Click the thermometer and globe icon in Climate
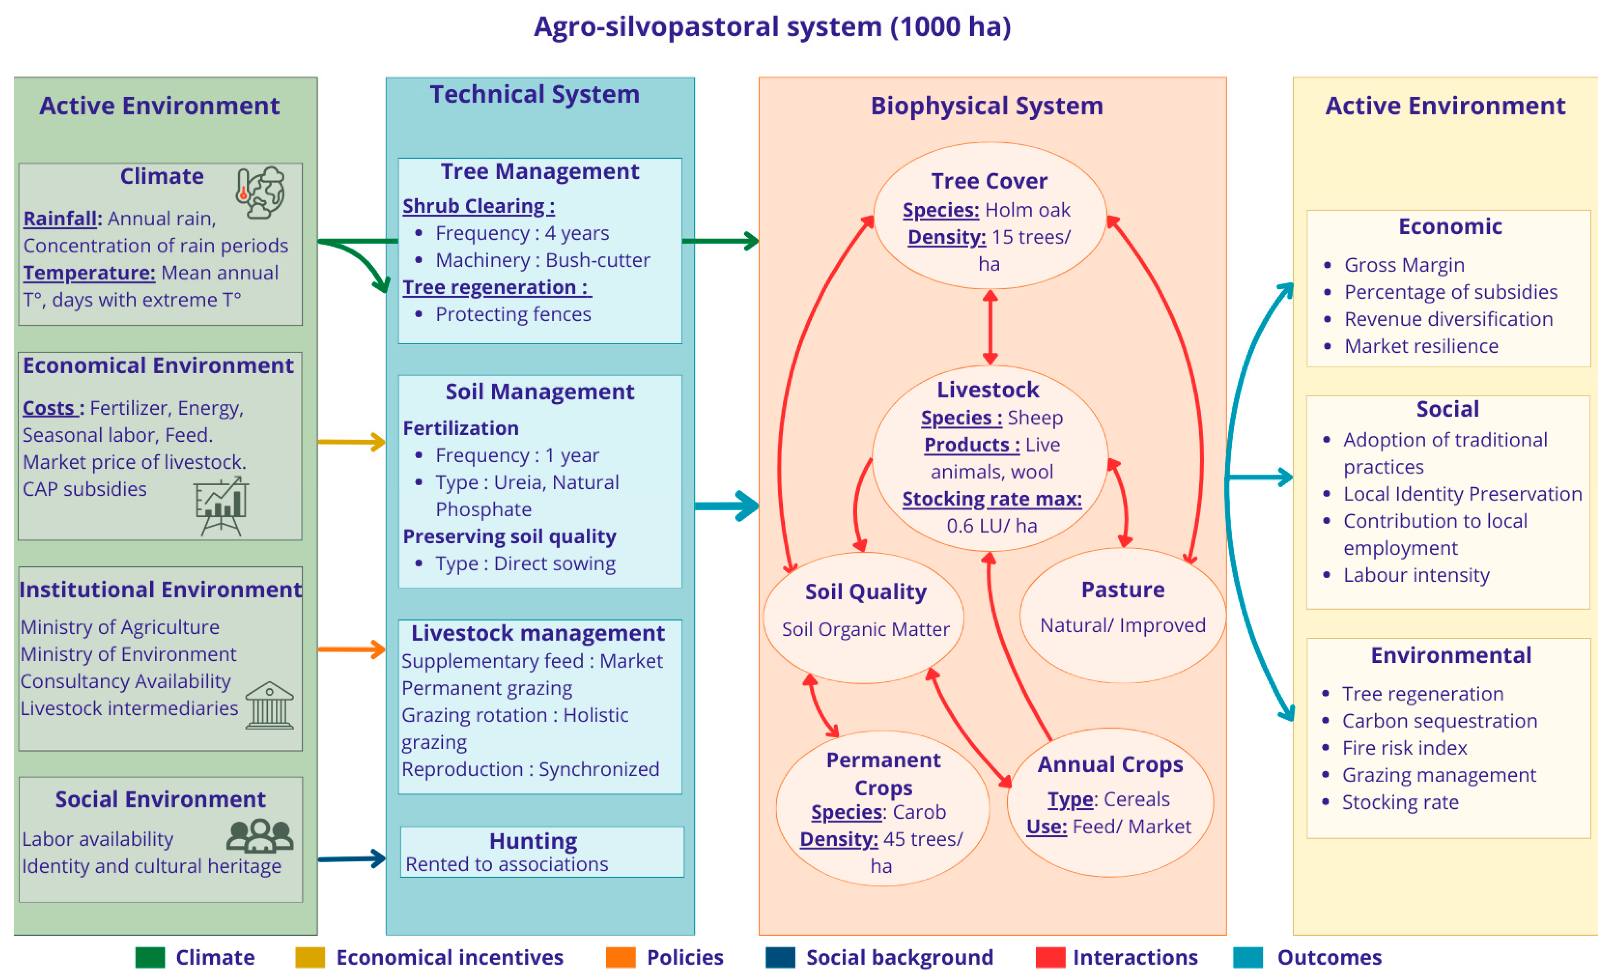260,192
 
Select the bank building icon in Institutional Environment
270,706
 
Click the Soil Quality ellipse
864,618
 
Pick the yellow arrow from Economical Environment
351,442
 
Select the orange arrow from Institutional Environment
351,649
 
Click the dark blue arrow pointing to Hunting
351,858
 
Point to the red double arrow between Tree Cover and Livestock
990,327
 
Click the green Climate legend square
150,957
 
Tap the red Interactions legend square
1050,957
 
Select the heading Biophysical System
987,106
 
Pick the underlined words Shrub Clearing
478,206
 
